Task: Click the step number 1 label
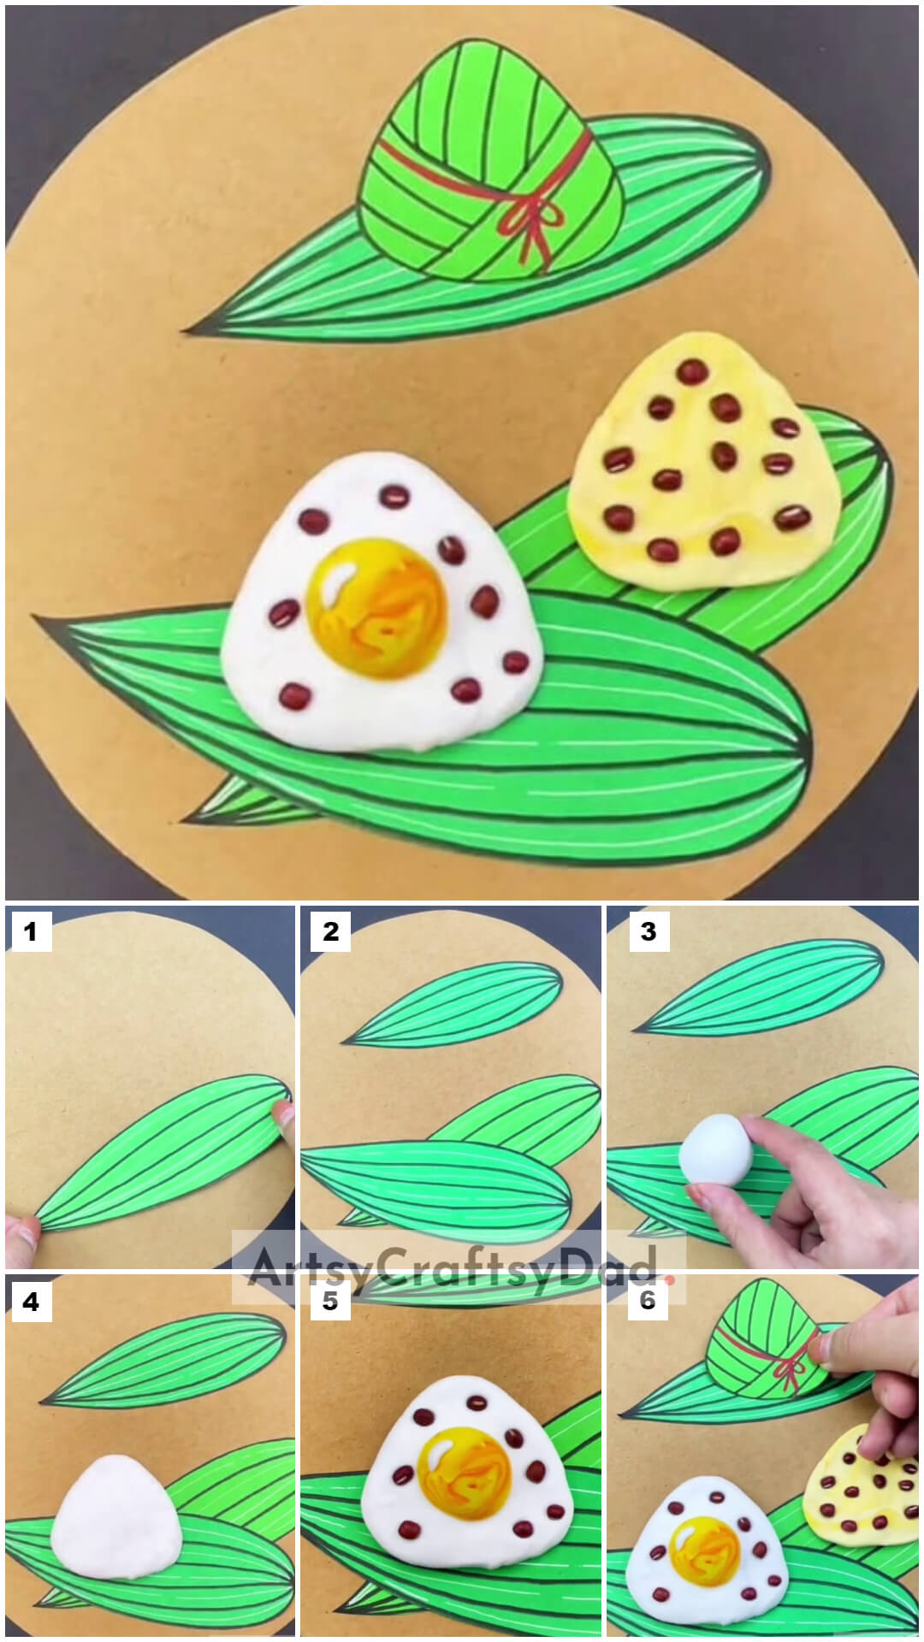click(x=31, y=931)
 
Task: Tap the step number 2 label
click(x=330, y=931)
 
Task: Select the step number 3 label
click(x=648, y=931)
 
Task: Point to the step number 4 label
click(x=31, y=1302)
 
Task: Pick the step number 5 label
click(x=330, y=1302)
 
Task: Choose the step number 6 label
click(x=648, y=1302)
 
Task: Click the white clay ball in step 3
click(x=716, y=1149)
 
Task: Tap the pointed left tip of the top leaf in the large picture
click(x=183, y=331)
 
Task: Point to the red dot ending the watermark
click(x=670, y=1280)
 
